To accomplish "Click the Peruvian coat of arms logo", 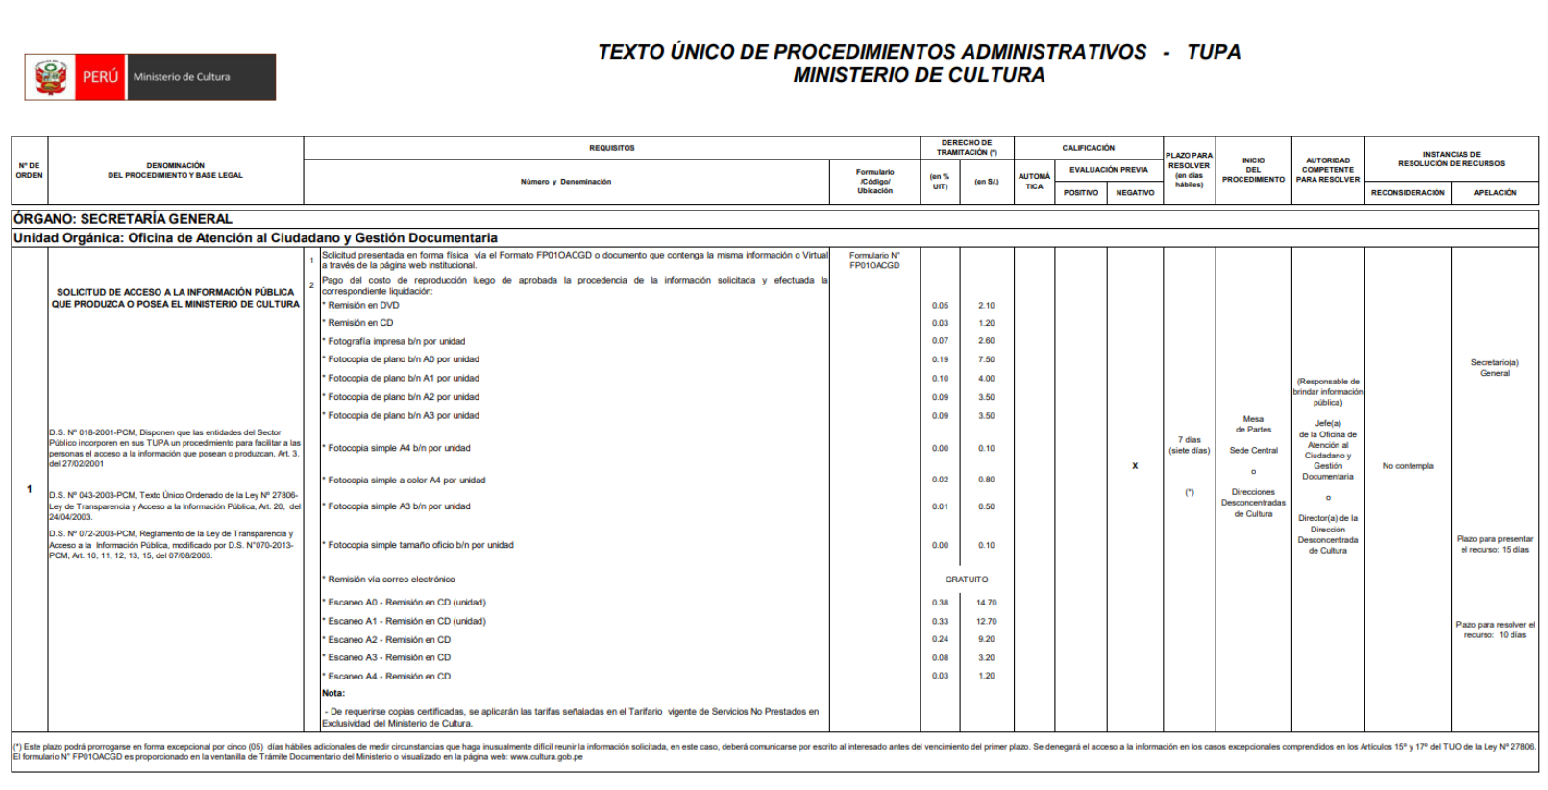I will pos(51,77).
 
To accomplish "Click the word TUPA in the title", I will pos(1214,52).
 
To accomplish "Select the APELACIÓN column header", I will pos(1495,193).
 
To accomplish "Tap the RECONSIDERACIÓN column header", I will pos(1407,193).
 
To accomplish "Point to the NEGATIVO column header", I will pos(1135,193).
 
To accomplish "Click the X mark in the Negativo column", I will pos(1135,466).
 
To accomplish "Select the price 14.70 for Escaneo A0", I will pos(987,603).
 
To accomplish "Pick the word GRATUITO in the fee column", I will pos(966,580).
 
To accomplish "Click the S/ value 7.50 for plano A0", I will pos(987,359).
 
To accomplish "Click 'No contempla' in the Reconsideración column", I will pos(1408,466).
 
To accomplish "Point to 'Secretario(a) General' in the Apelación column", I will pos(1494,368).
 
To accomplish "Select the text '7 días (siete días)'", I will pos(1190,445).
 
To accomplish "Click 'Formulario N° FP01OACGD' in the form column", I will pos(874,260).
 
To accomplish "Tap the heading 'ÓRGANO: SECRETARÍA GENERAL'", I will pos(123,219).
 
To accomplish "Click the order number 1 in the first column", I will pos(30,489).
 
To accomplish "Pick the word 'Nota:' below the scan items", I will pos(333,693).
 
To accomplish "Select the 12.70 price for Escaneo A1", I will pos(987,621).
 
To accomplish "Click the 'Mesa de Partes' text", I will pos(1253,424).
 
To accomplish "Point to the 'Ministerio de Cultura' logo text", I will pos(182,77).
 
